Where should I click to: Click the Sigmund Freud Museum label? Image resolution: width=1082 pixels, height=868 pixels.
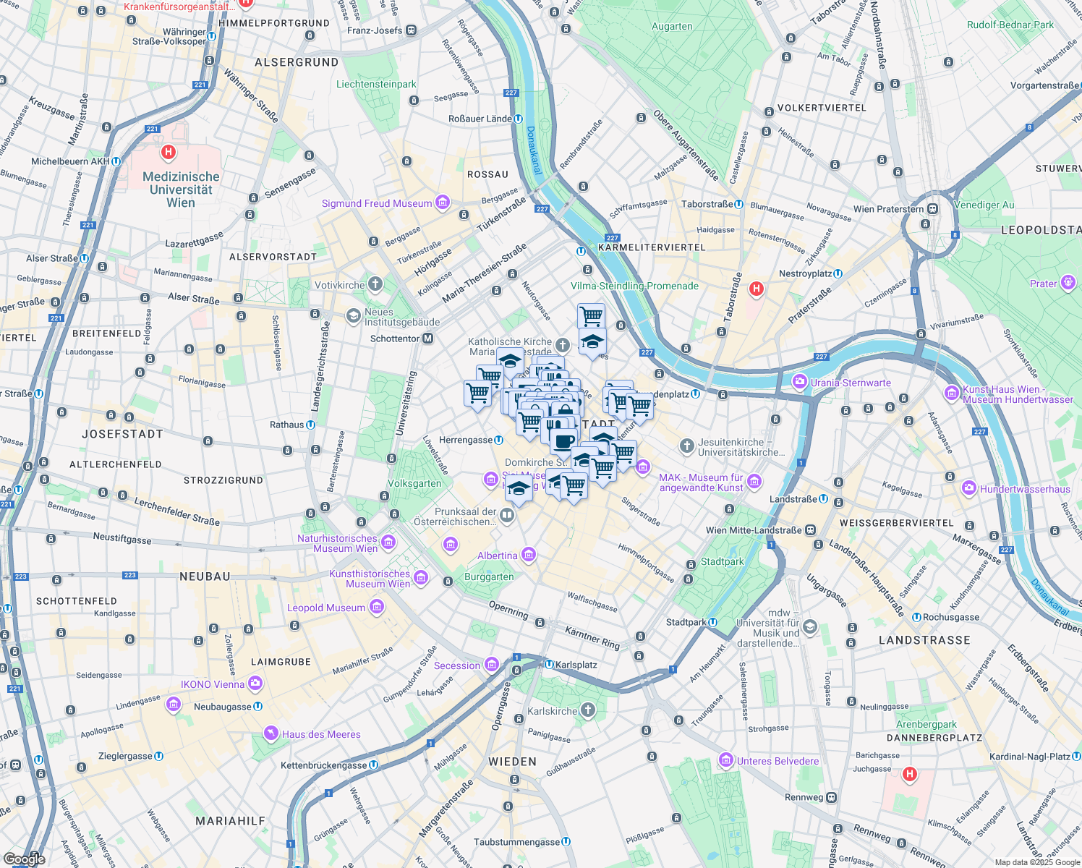(377, 204)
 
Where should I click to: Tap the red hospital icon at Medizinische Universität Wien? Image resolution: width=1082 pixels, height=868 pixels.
(169, 152)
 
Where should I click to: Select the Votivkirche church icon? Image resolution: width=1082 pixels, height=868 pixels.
(375, 284)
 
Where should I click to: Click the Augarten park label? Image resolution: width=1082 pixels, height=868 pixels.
(672, 27)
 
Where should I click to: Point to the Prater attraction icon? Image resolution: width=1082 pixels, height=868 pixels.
(1068, 283)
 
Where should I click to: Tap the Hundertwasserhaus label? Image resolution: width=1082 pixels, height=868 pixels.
(1025, 490)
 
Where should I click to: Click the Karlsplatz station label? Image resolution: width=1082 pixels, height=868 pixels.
(576, 665)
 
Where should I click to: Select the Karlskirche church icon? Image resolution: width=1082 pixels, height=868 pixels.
(588, 710)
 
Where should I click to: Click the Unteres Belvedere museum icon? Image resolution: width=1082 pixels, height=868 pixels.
(725, 760)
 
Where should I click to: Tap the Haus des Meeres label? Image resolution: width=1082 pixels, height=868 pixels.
(321, 734)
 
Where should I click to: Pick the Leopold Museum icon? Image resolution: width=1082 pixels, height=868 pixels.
(376, 607)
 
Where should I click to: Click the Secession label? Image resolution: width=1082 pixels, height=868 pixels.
(457, 665)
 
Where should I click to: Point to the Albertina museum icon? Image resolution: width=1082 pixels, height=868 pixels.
(528, 555)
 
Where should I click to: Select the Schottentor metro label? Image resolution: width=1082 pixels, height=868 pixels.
(395, 339)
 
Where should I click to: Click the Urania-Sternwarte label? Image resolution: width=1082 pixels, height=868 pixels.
(851, 383)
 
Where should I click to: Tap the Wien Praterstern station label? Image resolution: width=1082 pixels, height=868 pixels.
(889, 209)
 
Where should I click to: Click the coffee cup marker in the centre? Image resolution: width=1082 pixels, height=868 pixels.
(563, 440)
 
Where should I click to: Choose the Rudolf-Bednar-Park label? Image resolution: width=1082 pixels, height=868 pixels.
(1010, 25)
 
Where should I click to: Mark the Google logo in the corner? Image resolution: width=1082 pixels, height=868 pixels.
(24, 859)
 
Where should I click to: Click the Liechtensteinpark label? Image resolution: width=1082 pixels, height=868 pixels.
(376, 85)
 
